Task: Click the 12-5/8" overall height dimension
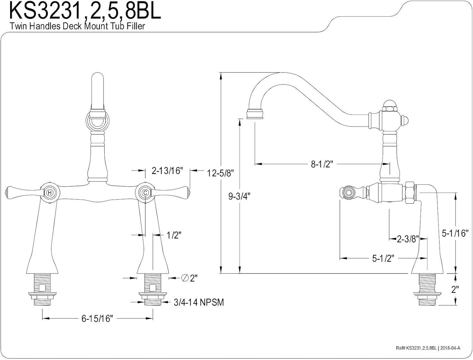click(x=220, y=173)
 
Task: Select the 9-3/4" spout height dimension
click(x=239, y=196)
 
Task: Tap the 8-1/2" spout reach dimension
click(x=322, y=164)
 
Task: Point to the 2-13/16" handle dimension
click(x=167, y=171)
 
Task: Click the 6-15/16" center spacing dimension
click(x=97, y=319)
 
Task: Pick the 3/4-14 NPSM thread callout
click(x=199, y=302)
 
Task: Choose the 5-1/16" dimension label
click(x=454, y=233)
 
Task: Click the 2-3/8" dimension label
click(x=408, y=239)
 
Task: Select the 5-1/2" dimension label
click(x=383, y=258)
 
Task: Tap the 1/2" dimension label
click(x=174, y=235)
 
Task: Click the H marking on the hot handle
click(x=50, y=192)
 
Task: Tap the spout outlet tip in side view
click(x=255, y=114)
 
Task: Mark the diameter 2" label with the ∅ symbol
click(x=190, y=278)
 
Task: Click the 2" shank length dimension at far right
click(x=454, y=289)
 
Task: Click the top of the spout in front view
click(x=97, y=77)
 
